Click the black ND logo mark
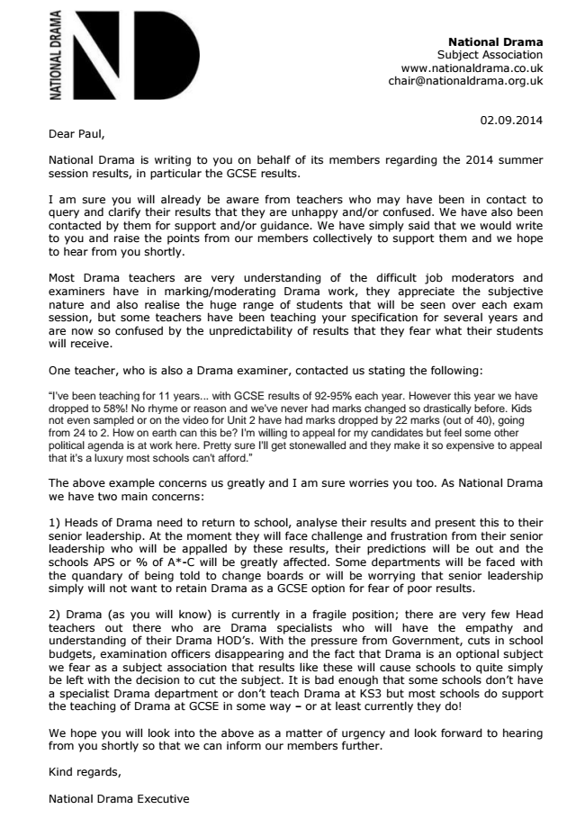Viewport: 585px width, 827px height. tap(135, 56)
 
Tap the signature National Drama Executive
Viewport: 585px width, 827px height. tap(119, 799)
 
